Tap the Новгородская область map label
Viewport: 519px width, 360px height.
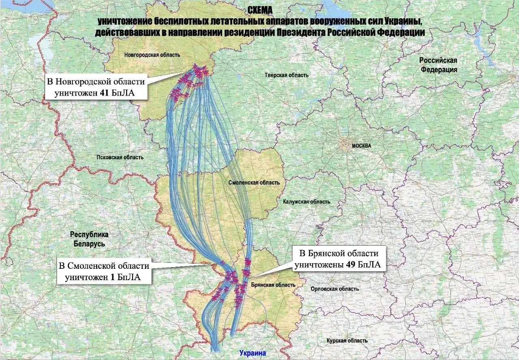(x=152, y=55)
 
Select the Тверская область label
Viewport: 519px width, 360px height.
(x=286, y=75)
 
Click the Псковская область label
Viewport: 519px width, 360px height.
(x=120, y=158)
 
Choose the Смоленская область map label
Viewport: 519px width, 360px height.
(x=254, y=183)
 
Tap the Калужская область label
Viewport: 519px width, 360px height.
(x=307, y=201)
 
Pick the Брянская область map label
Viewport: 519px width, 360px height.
(x=272, y=285)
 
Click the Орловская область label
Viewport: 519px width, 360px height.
(x=335, y=289)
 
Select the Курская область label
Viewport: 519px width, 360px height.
(x=347, y=341)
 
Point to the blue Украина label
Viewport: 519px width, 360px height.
(x=253, y=353)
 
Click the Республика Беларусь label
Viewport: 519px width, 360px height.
(x=89, y=239)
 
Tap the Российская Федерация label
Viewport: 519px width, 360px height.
(x=438, y=65)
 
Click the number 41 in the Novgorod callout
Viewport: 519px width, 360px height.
(x=106, y=94)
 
